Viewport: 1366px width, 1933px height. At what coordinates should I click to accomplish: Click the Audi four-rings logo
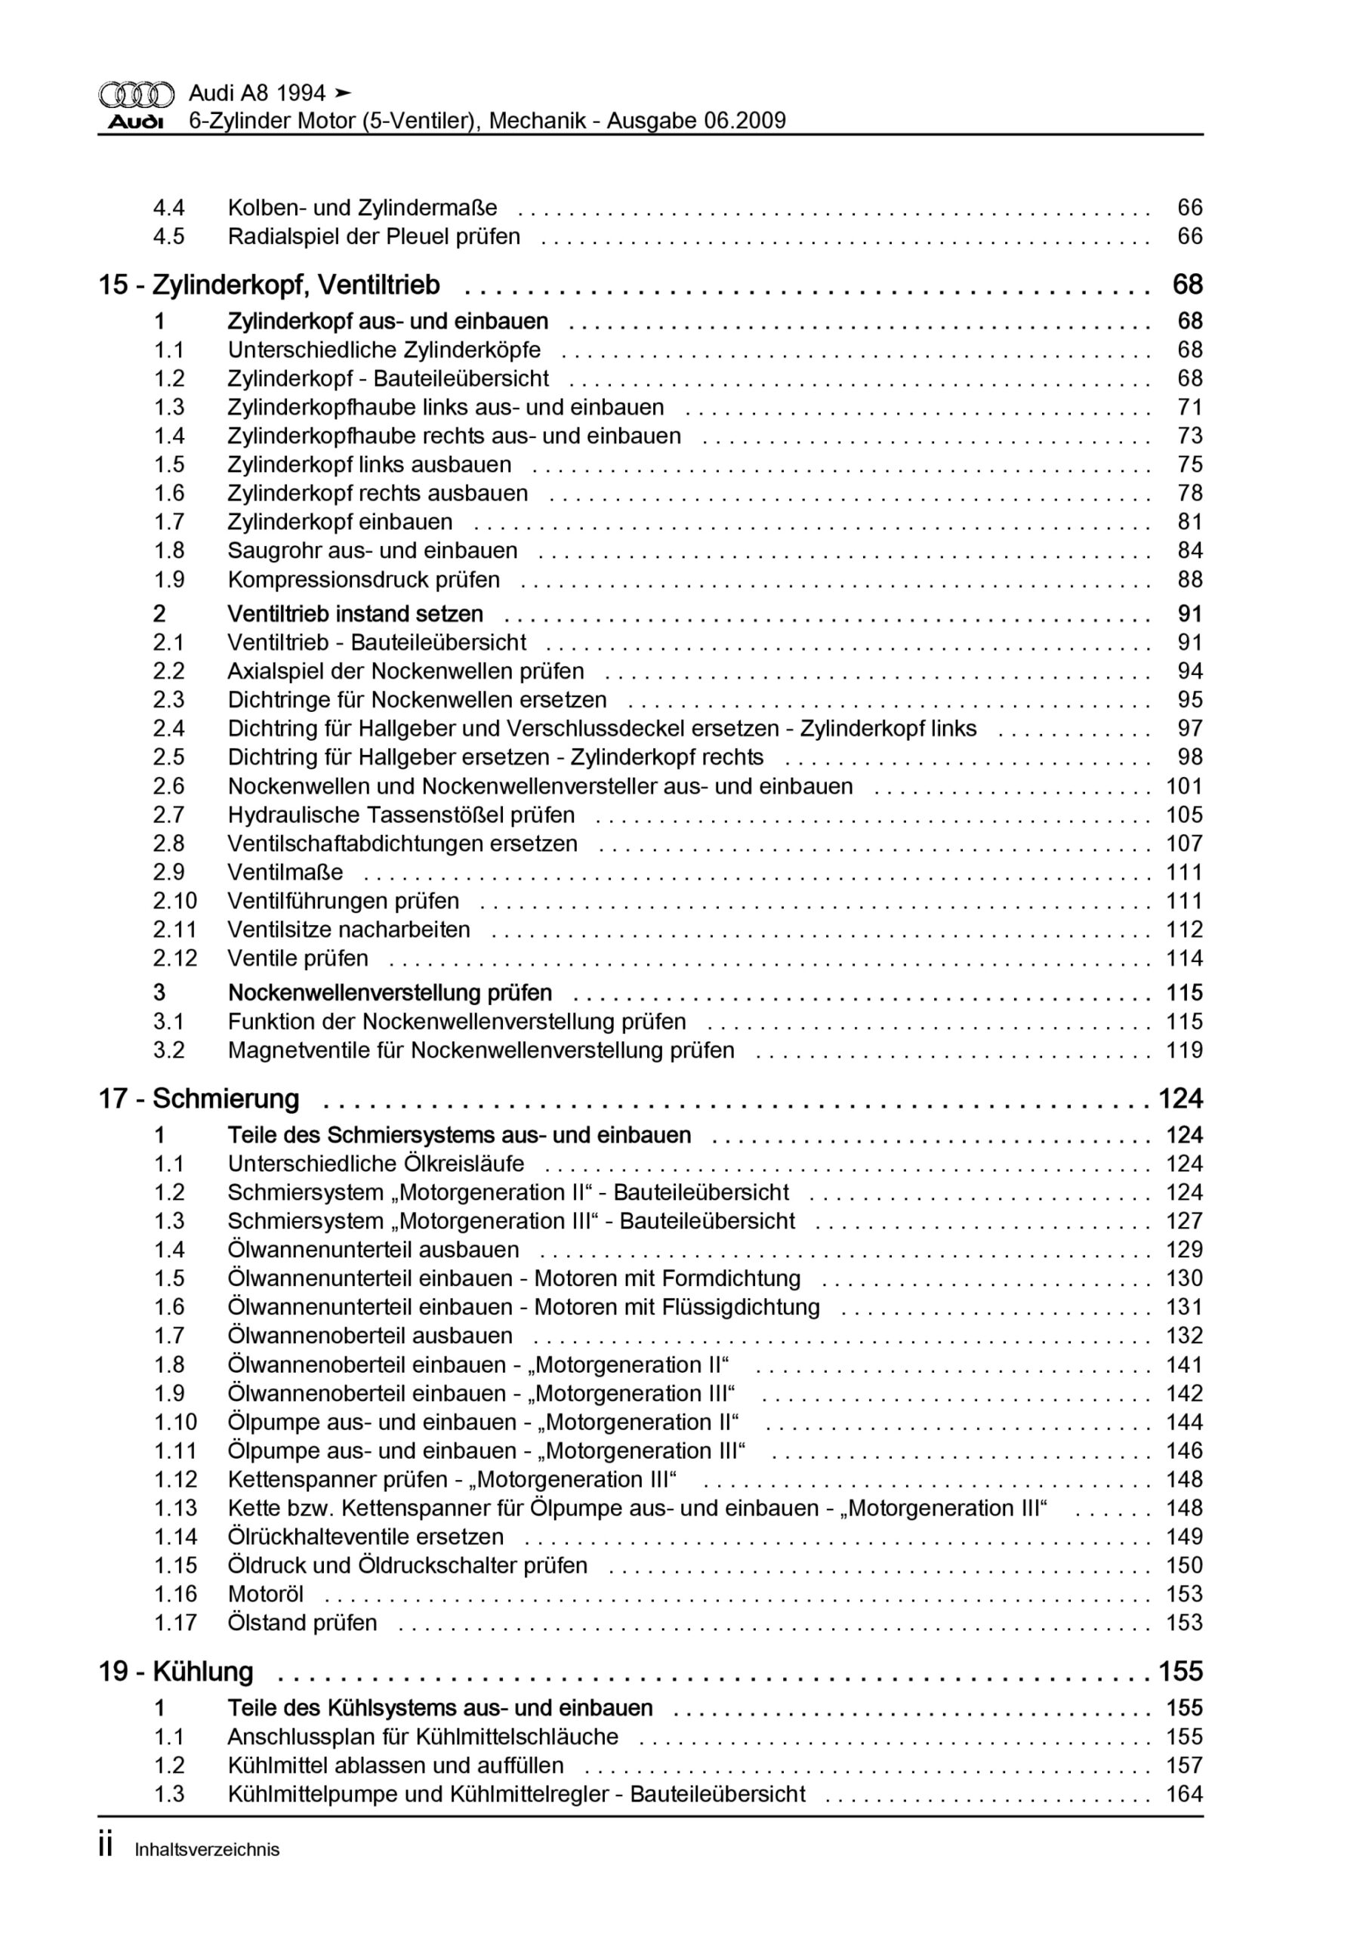137,94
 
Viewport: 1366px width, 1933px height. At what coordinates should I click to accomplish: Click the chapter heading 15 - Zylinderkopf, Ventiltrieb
269,285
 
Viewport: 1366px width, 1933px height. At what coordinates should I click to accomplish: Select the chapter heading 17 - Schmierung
199,1099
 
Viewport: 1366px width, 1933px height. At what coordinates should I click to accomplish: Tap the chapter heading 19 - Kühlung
176,1671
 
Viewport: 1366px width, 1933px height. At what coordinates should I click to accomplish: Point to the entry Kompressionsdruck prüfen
363,579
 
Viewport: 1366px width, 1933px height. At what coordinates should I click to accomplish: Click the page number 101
1183,786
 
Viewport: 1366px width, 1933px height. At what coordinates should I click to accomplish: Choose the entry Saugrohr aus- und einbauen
372,550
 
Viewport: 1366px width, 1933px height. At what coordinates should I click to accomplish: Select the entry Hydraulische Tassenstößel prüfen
401,815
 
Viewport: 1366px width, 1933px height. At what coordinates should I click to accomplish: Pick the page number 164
1183,1794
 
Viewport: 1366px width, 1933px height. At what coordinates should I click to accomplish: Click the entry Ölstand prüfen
302,1623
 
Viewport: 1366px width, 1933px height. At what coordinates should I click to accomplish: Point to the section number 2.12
175,958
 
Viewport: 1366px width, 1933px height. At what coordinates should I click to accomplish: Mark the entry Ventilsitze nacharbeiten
349,930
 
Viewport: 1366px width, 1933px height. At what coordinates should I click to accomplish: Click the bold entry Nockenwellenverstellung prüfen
390,993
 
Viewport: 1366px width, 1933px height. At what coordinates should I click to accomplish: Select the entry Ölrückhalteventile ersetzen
365,1537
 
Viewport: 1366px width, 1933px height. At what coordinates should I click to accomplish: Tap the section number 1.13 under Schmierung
175,1508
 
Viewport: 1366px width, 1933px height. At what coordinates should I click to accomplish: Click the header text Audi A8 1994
257,93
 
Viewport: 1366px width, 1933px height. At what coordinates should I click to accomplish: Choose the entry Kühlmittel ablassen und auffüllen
396,1765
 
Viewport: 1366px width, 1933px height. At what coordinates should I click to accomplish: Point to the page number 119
1183,1050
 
